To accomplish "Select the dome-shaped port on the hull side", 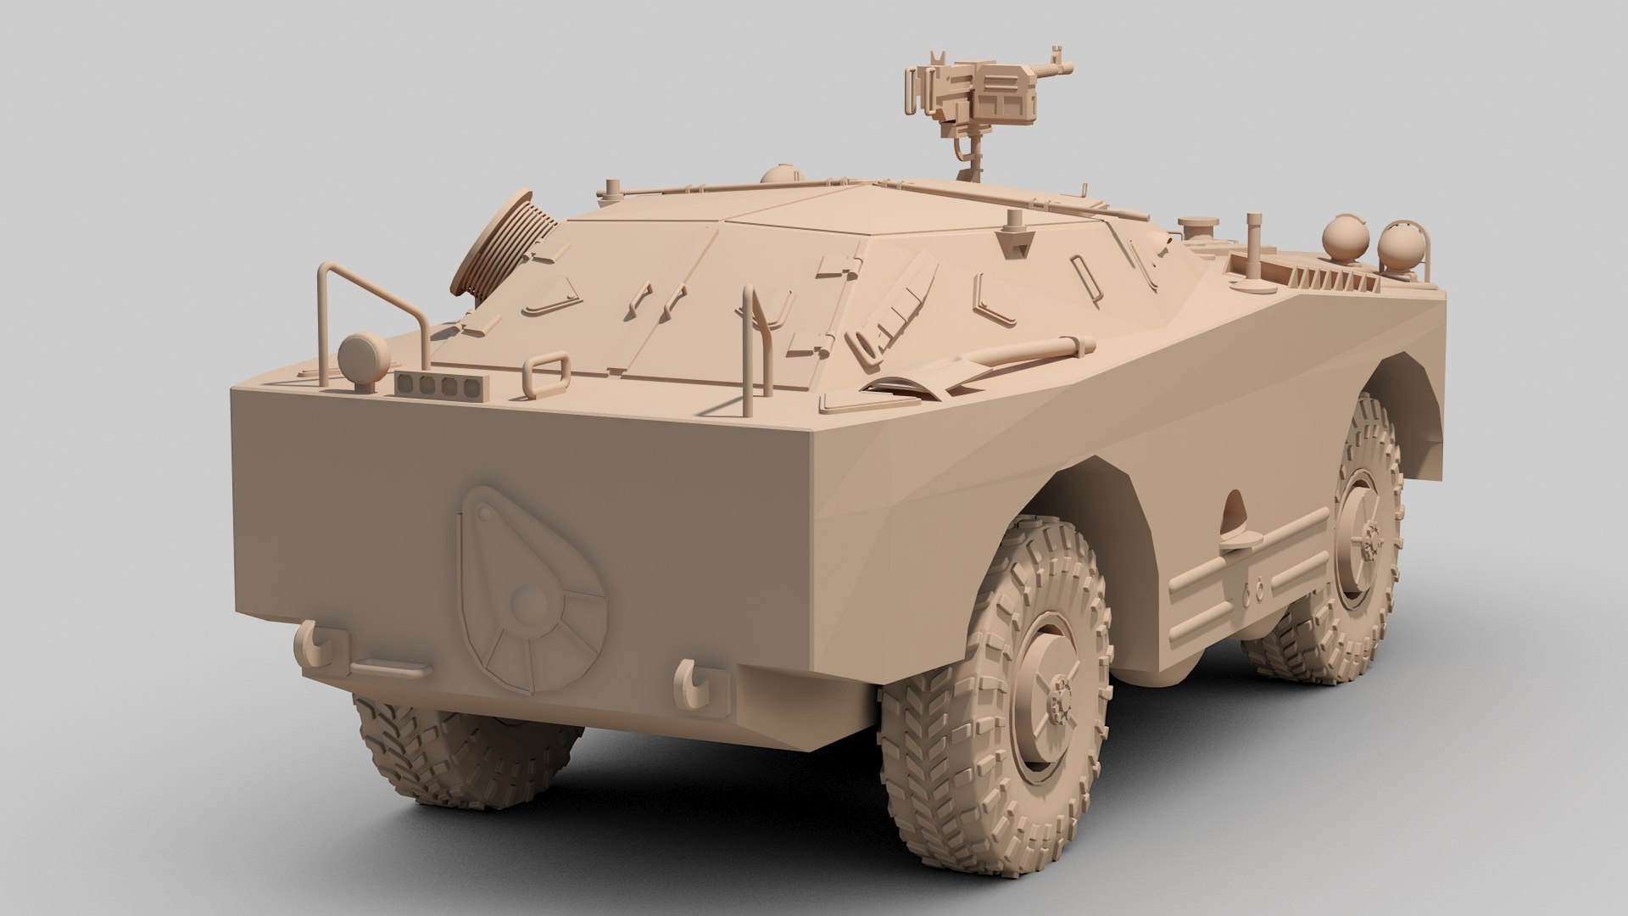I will (1235, 509).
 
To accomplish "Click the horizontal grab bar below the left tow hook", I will (390, 670).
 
